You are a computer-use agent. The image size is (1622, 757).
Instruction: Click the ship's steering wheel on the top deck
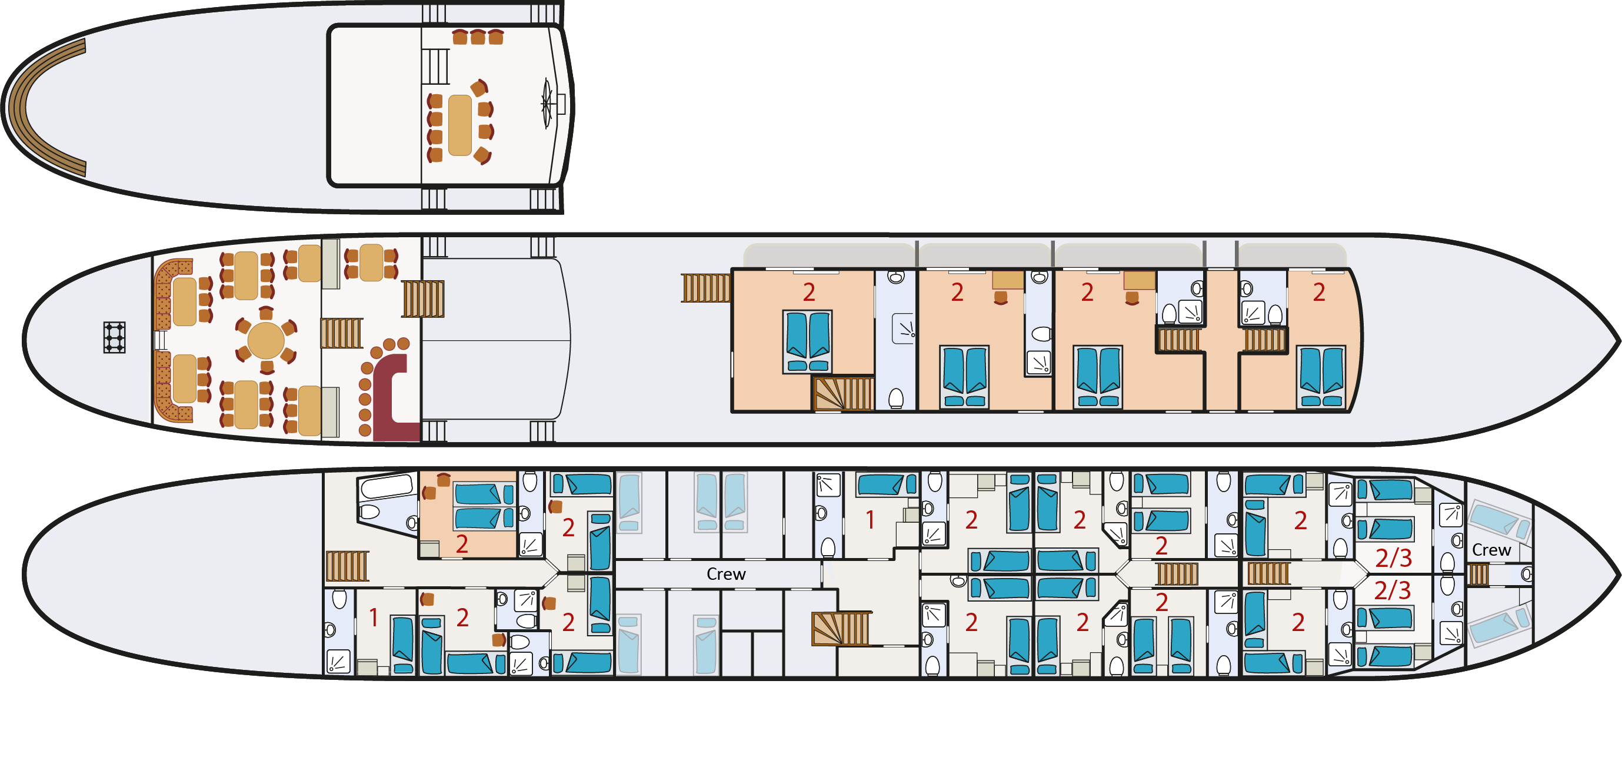[547, 104]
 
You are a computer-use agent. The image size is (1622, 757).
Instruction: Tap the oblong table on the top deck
[459, 125]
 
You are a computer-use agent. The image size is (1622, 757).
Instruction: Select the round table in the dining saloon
[266, 341]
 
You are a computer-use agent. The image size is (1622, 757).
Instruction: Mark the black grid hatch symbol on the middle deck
[114, 337]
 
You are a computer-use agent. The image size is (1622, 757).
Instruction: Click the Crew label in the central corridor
[726, 575]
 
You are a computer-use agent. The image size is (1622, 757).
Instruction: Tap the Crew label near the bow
[1491, 550]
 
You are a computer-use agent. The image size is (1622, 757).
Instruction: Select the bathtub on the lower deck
[385, 487]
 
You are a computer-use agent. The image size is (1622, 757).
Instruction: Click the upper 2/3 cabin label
[1393, 558]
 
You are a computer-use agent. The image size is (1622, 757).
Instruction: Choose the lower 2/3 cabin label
[1392, 591]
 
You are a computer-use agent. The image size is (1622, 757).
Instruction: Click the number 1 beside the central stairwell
[870, 520]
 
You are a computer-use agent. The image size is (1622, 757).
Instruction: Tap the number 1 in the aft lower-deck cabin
[374, 618]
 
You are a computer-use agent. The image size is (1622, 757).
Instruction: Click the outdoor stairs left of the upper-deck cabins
[707, 288]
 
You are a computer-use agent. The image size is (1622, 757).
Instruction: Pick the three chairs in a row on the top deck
[478, 37]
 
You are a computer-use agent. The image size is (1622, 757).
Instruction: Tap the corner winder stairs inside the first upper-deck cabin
[843, 394]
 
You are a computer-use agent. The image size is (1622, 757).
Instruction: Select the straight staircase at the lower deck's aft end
[347, 566]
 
